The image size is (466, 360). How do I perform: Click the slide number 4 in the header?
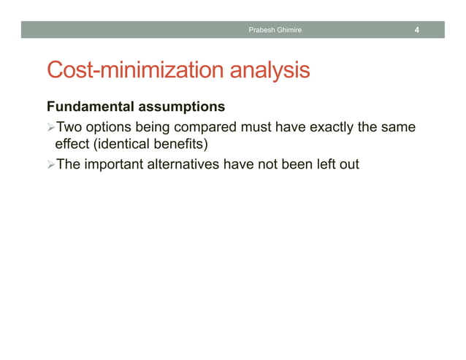416,30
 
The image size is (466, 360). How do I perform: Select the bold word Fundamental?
91,107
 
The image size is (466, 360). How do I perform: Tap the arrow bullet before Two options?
51,129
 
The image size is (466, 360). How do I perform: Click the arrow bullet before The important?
51,164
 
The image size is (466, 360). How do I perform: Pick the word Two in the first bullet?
69,129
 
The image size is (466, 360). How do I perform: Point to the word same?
400,129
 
